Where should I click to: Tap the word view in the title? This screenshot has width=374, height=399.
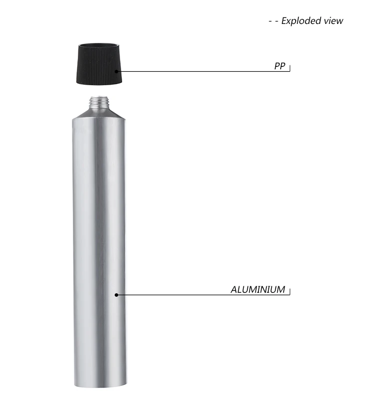[x=334, y=21]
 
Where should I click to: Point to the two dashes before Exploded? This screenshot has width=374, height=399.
[x=273, y=21]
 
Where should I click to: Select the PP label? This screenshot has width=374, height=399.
[x=280, y=66]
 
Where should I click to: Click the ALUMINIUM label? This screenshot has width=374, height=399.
[x=258, y=289]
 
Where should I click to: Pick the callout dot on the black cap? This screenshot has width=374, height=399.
[x=117, y=71]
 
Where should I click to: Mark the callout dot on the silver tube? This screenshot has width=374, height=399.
[x=117, y=294]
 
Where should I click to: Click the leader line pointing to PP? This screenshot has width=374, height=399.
[x=199, y=71]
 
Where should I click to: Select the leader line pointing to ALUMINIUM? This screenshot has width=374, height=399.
[x=199, y=294]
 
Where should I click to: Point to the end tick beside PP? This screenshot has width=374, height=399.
[x=290, y=67]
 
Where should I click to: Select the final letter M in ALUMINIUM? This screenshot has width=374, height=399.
[x=280, y=289]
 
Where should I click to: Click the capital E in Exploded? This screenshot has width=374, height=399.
[x=284, y=21]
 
